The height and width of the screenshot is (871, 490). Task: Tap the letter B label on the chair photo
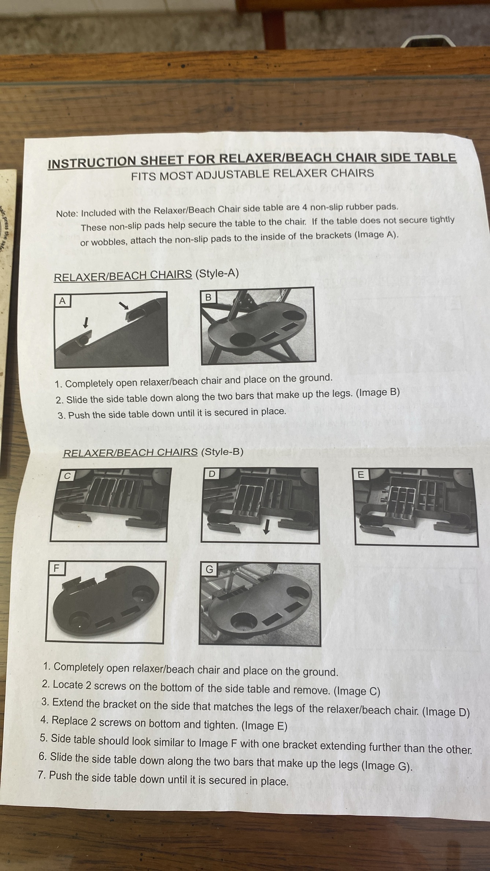208,297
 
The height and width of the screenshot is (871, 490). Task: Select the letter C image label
67,476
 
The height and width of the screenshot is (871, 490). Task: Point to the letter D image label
211,474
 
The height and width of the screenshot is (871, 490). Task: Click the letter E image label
361,475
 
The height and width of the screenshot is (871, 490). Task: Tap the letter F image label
56,569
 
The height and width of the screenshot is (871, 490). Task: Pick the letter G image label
209,569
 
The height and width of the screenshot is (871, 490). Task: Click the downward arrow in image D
267,528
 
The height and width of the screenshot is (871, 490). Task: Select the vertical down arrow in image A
86,322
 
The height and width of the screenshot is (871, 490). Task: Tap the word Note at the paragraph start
66,214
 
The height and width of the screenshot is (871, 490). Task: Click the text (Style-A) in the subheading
217,274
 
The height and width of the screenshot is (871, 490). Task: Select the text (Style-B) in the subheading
222,452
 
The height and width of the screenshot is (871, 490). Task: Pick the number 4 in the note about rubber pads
304,207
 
